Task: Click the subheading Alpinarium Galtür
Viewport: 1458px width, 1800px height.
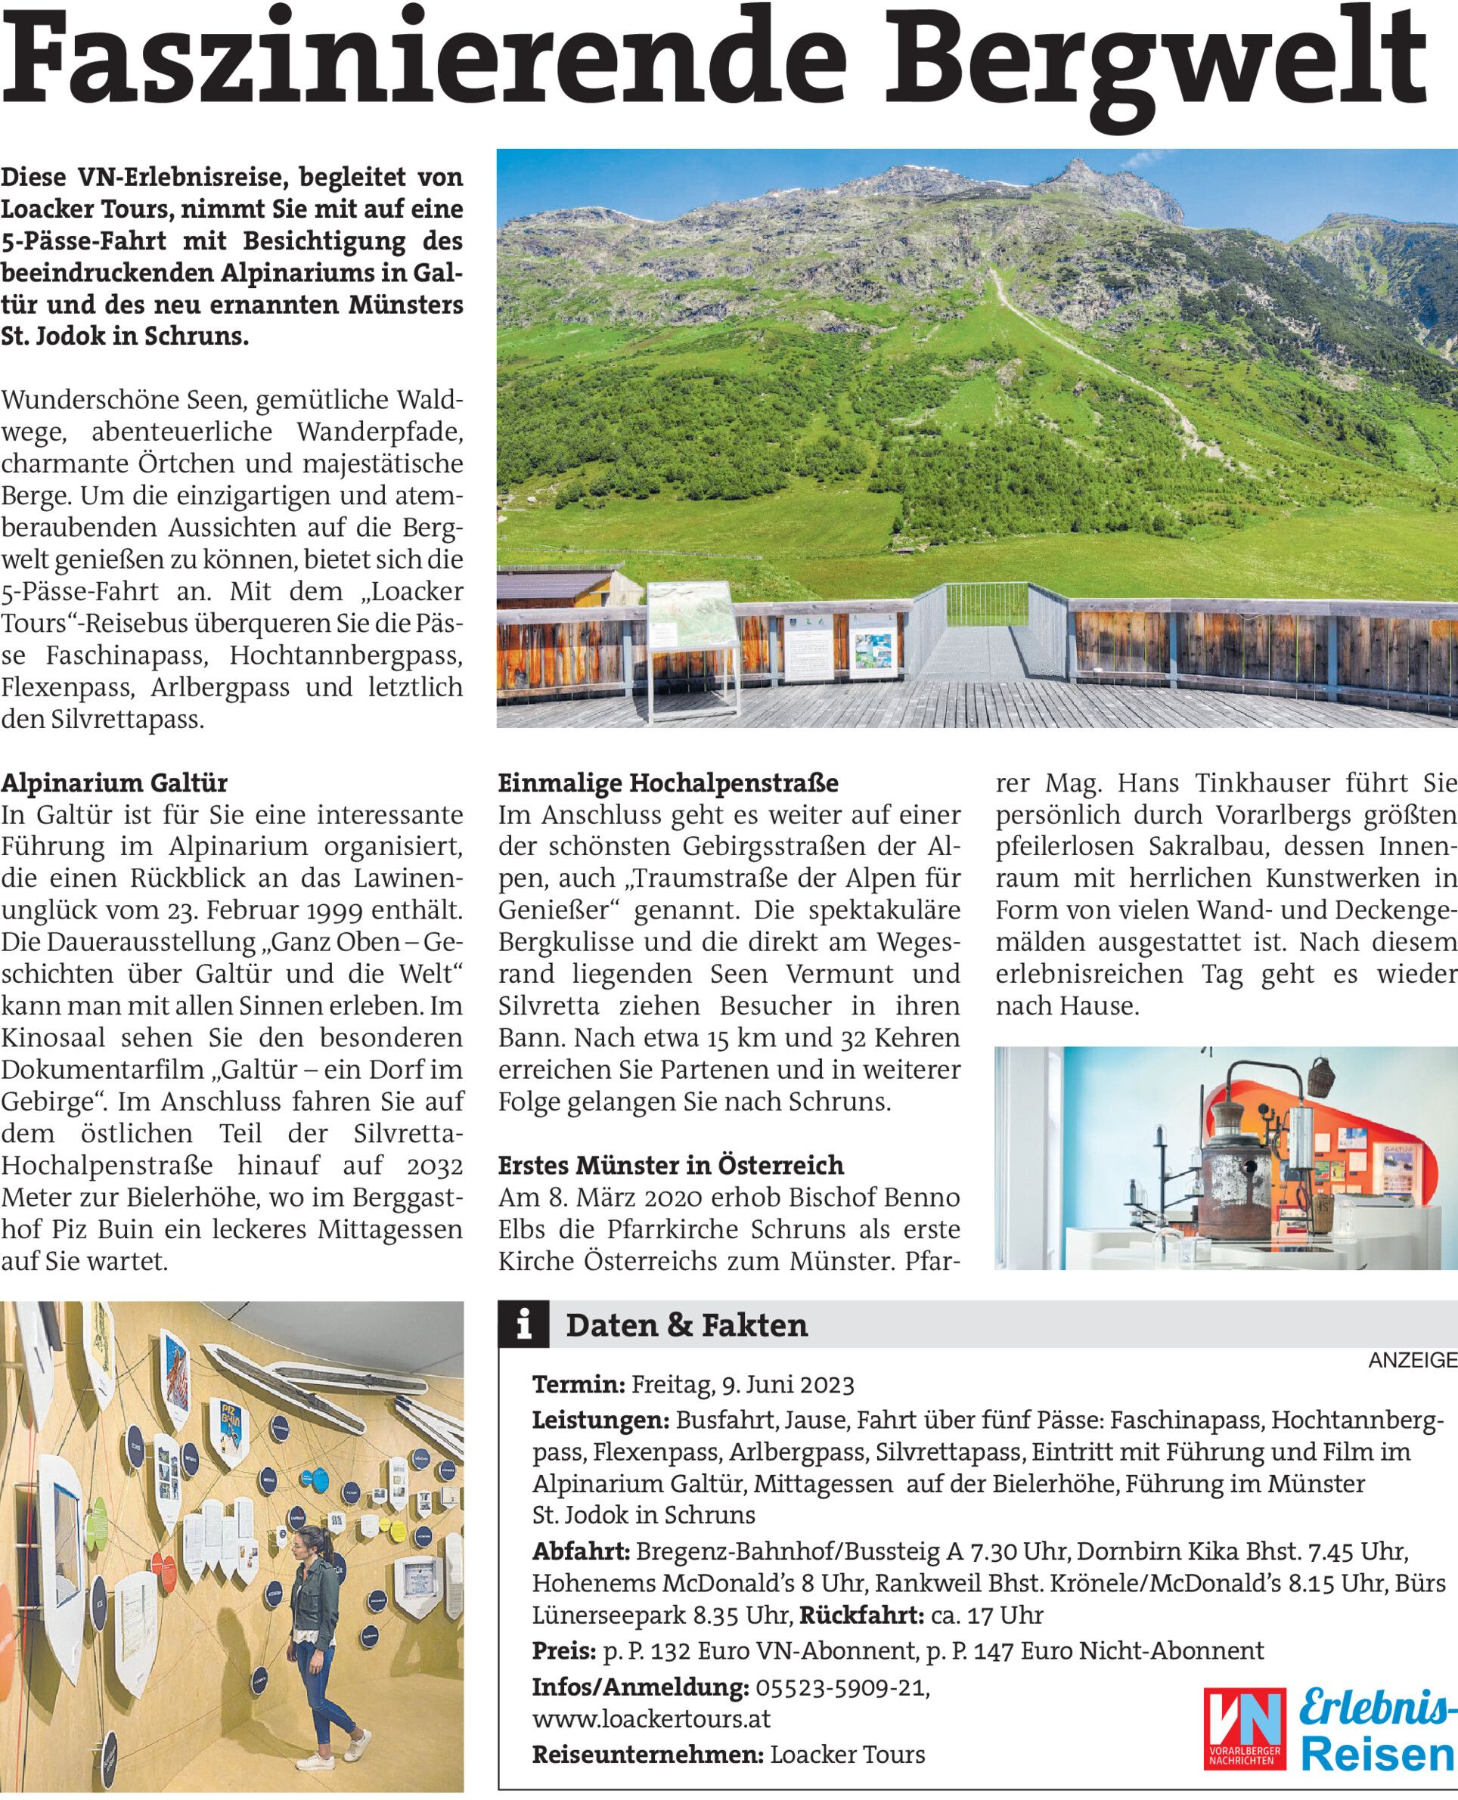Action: (115, 783)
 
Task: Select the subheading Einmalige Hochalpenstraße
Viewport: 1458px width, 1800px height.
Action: (669, 783)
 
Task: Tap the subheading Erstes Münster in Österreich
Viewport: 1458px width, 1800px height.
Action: (671, 1165)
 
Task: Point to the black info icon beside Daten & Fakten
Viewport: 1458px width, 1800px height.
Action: (524, 1324)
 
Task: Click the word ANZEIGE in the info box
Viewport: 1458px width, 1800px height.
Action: (1413, 1361)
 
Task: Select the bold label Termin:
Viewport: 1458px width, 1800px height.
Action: (579, 1384)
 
